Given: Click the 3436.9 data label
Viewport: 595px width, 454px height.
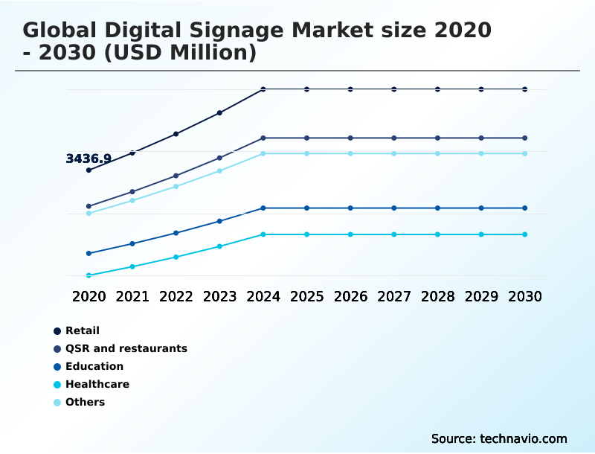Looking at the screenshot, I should coord(89,159).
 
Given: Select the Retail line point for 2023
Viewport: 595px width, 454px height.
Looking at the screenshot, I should coord(219,113).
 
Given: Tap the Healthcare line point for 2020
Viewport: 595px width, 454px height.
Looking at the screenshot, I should coord(89,275).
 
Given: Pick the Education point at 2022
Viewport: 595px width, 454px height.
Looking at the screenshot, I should coord(176,233).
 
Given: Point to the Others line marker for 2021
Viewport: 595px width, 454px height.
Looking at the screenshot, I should coord(132,200).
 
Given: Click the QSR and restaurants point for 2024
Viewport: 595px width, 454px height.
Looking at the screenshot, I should coord(263,138).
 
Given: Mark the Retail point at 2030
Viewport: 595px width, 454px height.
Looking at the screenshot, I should coord(525,89).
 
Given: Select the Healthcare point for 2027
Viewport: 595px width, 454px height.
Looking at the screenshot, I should coord(394,234).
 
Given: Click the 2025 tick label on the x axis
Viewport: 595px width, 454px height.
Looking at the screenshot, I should coord(306,296).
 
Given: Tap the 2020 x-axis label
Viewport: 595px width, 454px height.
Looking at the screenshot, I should coord(89,296).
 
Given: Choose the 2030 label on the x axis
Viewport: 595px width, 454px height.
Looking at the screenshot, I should coord(525,296).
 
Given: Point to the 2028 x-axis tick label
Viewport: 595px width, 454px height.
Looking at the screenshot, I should coord(437,296).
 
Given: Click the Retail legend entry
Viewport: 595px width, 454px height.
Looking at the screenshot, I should coord(82,330).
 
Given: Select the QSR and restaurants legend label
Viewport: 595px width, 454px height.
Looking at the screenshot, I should coord(126,348).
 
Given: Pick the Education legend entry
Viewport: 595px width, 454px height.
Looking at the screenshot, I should coord(94,366).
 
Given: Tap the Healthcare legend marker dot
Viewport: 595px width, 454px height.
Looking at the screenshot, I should coord(57,385).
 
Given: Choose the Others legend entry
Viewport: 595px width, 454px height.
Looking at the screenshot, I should coord(85,402).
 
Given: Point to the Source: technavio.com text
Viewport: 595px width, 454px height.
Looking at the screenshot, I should coord(499,438).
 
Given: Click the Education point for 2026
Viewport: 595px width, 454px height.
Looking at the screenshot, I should coord(350,208).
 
